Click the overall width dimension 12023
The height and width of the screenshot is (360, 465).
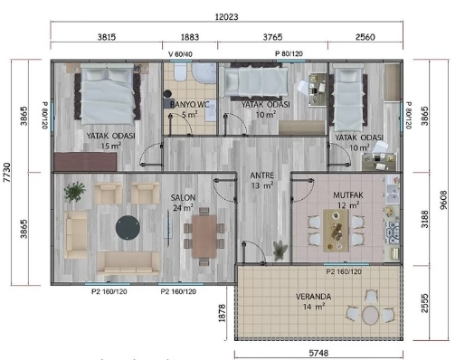pyautogui.click(x=226, y=17)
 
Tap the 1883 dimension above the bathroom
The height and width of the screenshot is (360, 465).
pyautogui.click(x=190, y=37)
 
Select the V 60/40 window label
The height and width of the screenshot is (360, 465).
pyautogui.click(x=180, y=54)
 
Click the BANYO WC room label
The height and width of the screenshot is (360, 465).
pyautogui.click(x=190, y=105)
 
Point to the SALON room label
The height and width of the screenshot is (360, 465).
pyautogui.click(x=183, y=198)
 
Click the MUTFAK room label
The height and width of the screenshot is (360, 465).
pyautogui.click(x=348, y=195)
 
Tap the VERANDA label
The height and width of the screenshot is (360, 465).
pyautogui.click(x=314, y=297)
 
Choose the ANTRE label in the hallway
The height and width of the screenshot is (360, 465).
pyautogui.click(x=262, y=175)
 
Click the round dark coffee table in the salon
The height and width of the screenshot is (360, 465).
pyautogui.click(x=128, y=227)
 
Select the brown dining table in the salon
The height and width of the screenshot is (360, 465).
pyautogui.click(x=204, y=236)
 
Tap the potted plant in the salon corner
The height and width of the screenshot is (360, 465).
pyautogui.click(x=74, y=191)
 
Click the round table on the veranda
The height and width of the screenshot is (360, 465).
pyautogui.click(x=370, y=315)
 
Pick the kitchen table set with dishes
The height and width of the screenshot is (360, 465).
pyautogui.click(x=336, y=231)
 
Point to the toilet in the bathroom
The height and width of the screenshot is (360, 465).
pyautogui.click(x=180, y=71)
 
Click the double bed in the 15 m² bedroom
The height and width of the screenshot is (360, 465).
pyautogui.click(x=108, y=94)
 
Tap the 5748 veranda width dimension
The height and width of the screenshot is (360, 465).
pyautogui.click(x=318, y=353)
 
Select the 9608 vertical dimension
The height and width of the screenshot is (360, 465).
pyautogui.click(x=443, y=200)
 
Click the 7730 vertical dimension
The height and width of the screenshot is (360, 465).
pyautogui.click(x=6, y=173)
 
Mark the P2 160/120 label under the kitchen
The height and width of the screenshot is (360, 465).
pyautogui.click(x=344, y=272)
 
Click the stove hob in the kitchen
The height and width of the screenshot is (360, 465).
pyautogui.click(x=394, y=232)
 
